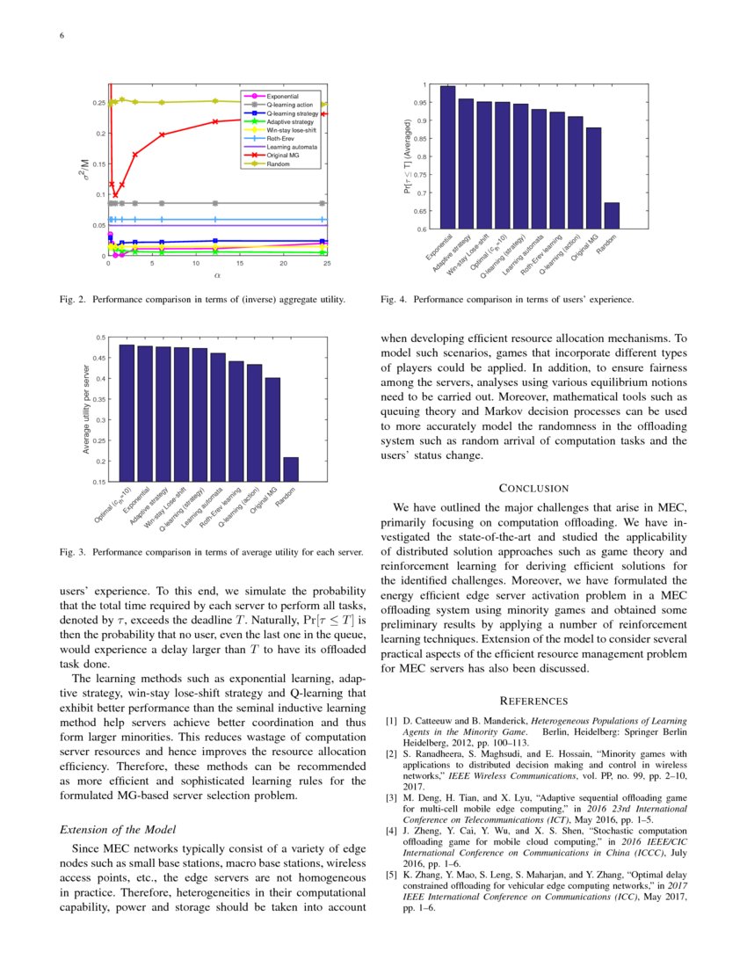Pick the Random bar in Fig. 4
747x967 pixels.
612,215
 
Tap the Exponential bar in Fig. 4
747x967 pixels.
447,157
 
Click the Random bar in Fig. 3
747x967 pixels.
291,469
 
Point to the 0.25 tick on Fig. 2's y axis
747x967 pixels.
98,103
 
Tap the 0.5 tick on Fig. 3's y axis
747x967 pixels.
99,338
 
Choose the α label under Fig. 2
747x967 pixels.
216,276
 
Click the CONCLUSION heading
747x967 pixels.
533,488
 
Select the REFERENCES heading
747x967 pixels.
533,701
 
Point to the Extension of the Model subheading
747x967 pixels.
115,829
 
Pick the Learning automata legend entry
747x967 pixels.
283,147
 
